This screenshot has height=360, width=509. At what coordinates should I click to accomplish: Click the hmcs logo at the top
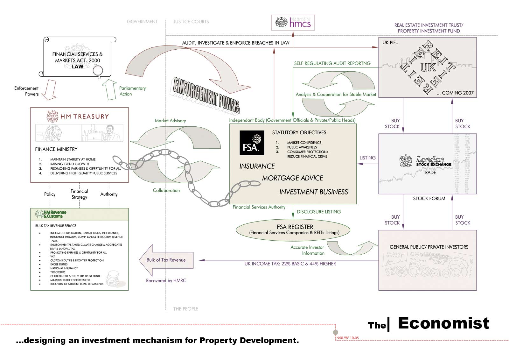click(293, 23)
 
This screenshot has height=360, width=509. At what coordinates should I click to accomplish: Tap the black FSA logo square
click(252, 143)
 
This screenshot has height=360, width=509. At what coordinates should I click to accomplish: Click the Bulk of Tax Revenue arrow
click(166, 260)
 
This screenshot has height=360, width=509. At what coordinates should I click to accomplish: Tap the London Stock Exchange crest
click(406, 160)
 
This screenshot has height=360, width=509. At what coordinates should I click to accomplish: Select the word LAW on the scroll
click(77, 67)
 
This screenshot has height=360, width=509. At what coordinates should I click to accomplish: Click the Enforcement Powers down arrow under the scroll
click(49, 89)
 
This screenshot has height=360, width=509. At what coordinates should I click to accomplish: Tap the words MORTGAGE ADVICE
click(292, 178)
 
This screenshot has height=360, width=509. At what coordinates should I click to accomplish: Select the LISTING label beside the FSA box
click(367, 158)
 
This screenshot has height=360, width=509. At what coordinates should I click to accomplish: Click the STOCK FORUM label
click(429, 199)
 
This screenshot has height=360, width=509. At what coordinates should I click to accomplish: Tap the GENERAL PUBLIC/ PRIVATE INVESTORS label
click(429, 247)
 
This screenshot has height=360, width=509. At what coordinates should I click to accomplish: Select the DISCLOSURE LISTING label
click(319, 212)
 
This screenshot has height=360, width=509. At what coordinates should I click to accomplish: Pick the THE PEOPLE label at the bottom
click(185, 309)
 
